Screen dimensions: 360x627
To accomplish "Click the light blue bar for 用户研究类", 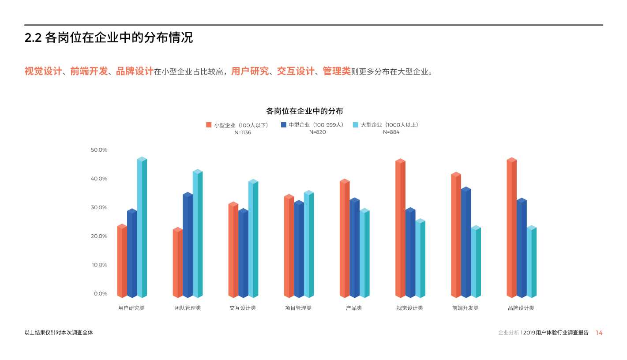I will (x=142, y=227).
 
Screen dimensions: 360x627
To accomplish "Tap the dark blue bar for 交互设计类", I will (x=243, y=253).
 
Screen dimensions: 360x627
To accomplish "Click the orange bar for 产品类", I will (x=344, y=238).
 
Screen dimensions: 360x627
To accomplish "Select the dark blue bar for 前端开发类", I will (x=466, y=242).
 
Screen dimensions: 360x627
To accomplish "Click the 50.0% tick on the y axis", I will (x=99, y=150).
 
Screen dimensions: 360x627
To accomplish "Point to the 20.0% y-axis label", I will (x=99, y=236).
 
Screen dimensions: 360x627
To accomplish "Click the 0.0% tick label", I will (x=100, y=294).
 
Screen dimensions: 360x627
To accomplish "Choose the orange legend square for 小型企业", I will (x=209, y=125).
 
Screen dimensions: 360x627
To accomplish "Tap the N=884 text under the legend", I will (x=391, y=132).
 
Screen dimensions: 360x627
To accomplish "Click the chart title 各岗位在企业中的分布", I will (x=304, y=111).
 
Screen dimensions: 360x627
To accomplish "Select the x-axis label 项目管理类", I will (x=298, y=308).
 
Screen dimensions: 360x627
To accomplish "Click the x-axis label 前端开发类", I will (x=465, y=308).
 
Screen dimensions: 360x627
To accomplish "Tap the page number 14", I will (x=599, y=333).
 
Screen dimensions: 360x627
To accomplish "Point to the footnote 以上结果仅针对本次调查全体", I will (x=59, y=333).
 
